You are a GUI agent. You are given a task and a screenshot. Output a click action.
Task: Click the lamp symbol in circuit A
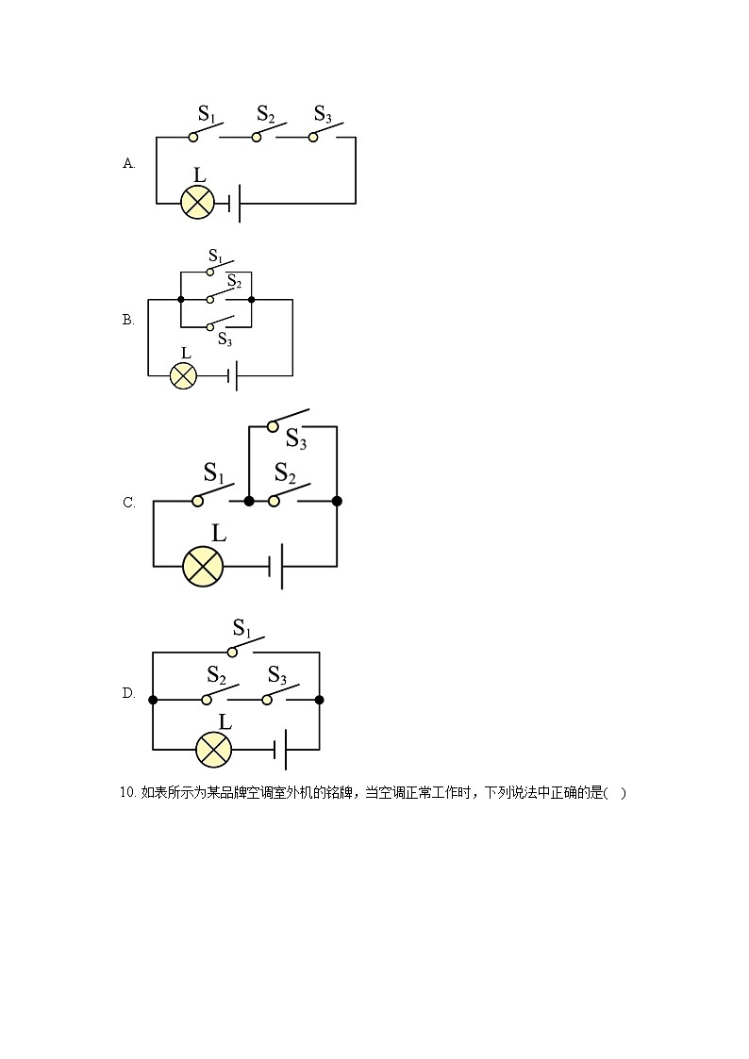(x=198, y=203)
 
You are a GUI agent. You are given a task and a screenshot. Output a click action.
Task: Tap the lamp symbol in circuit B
(x=183, y=376)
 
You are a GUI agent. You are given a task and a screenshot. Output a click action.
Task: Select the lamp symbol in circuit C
(x=202, y=566)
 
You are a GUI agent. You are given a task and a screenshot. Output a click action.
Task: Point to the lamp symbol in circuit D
(x=213, y=750)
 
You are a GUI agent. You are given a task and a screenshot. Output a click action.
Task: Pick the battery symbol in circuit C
(x=276, y=566)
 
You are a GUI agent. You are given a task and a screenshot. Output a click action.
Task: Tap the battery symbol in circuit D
(x=280, y=750)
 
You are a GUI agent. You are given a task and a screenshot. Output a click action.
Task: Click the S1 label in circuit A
(x=207, y=115)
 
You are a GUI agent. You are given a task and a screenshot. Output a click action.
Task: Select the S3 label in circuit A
(x=323, y=115)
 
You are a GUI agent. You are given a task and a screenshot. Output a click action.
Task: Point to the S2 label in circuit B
(x=234, y=281)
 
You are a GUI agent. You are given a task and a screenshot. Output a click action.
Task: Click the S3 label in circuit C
(x=296, y=439)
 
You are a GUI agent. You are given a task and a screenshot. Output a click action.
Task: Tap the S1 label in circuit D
(x=241, y=628)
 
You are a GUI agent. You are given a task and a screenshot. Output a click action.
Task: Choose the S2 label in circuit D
(x=216, y=675)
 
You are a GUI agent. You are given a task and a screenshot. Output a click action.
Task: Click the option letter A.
(x=129, y=163)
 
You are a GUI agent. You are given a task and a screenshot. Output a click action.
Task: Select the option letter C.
(x=129, y=503)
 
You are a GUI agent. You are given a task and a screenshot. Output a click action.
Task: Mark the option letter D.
(x=129, y=694)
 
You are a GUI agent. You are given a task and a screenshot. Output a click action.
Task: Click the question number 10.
(x=129, y=793)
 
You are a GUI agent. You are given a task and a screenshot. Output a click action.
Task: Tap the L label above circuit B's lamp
(x=185, y=353)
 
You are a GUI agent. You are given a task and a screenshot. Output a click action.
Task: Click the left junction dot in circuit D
(x=154, y=700)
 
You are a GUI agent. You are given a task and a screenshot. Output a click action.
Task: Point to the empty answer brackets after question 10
(x=615, y=793)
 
